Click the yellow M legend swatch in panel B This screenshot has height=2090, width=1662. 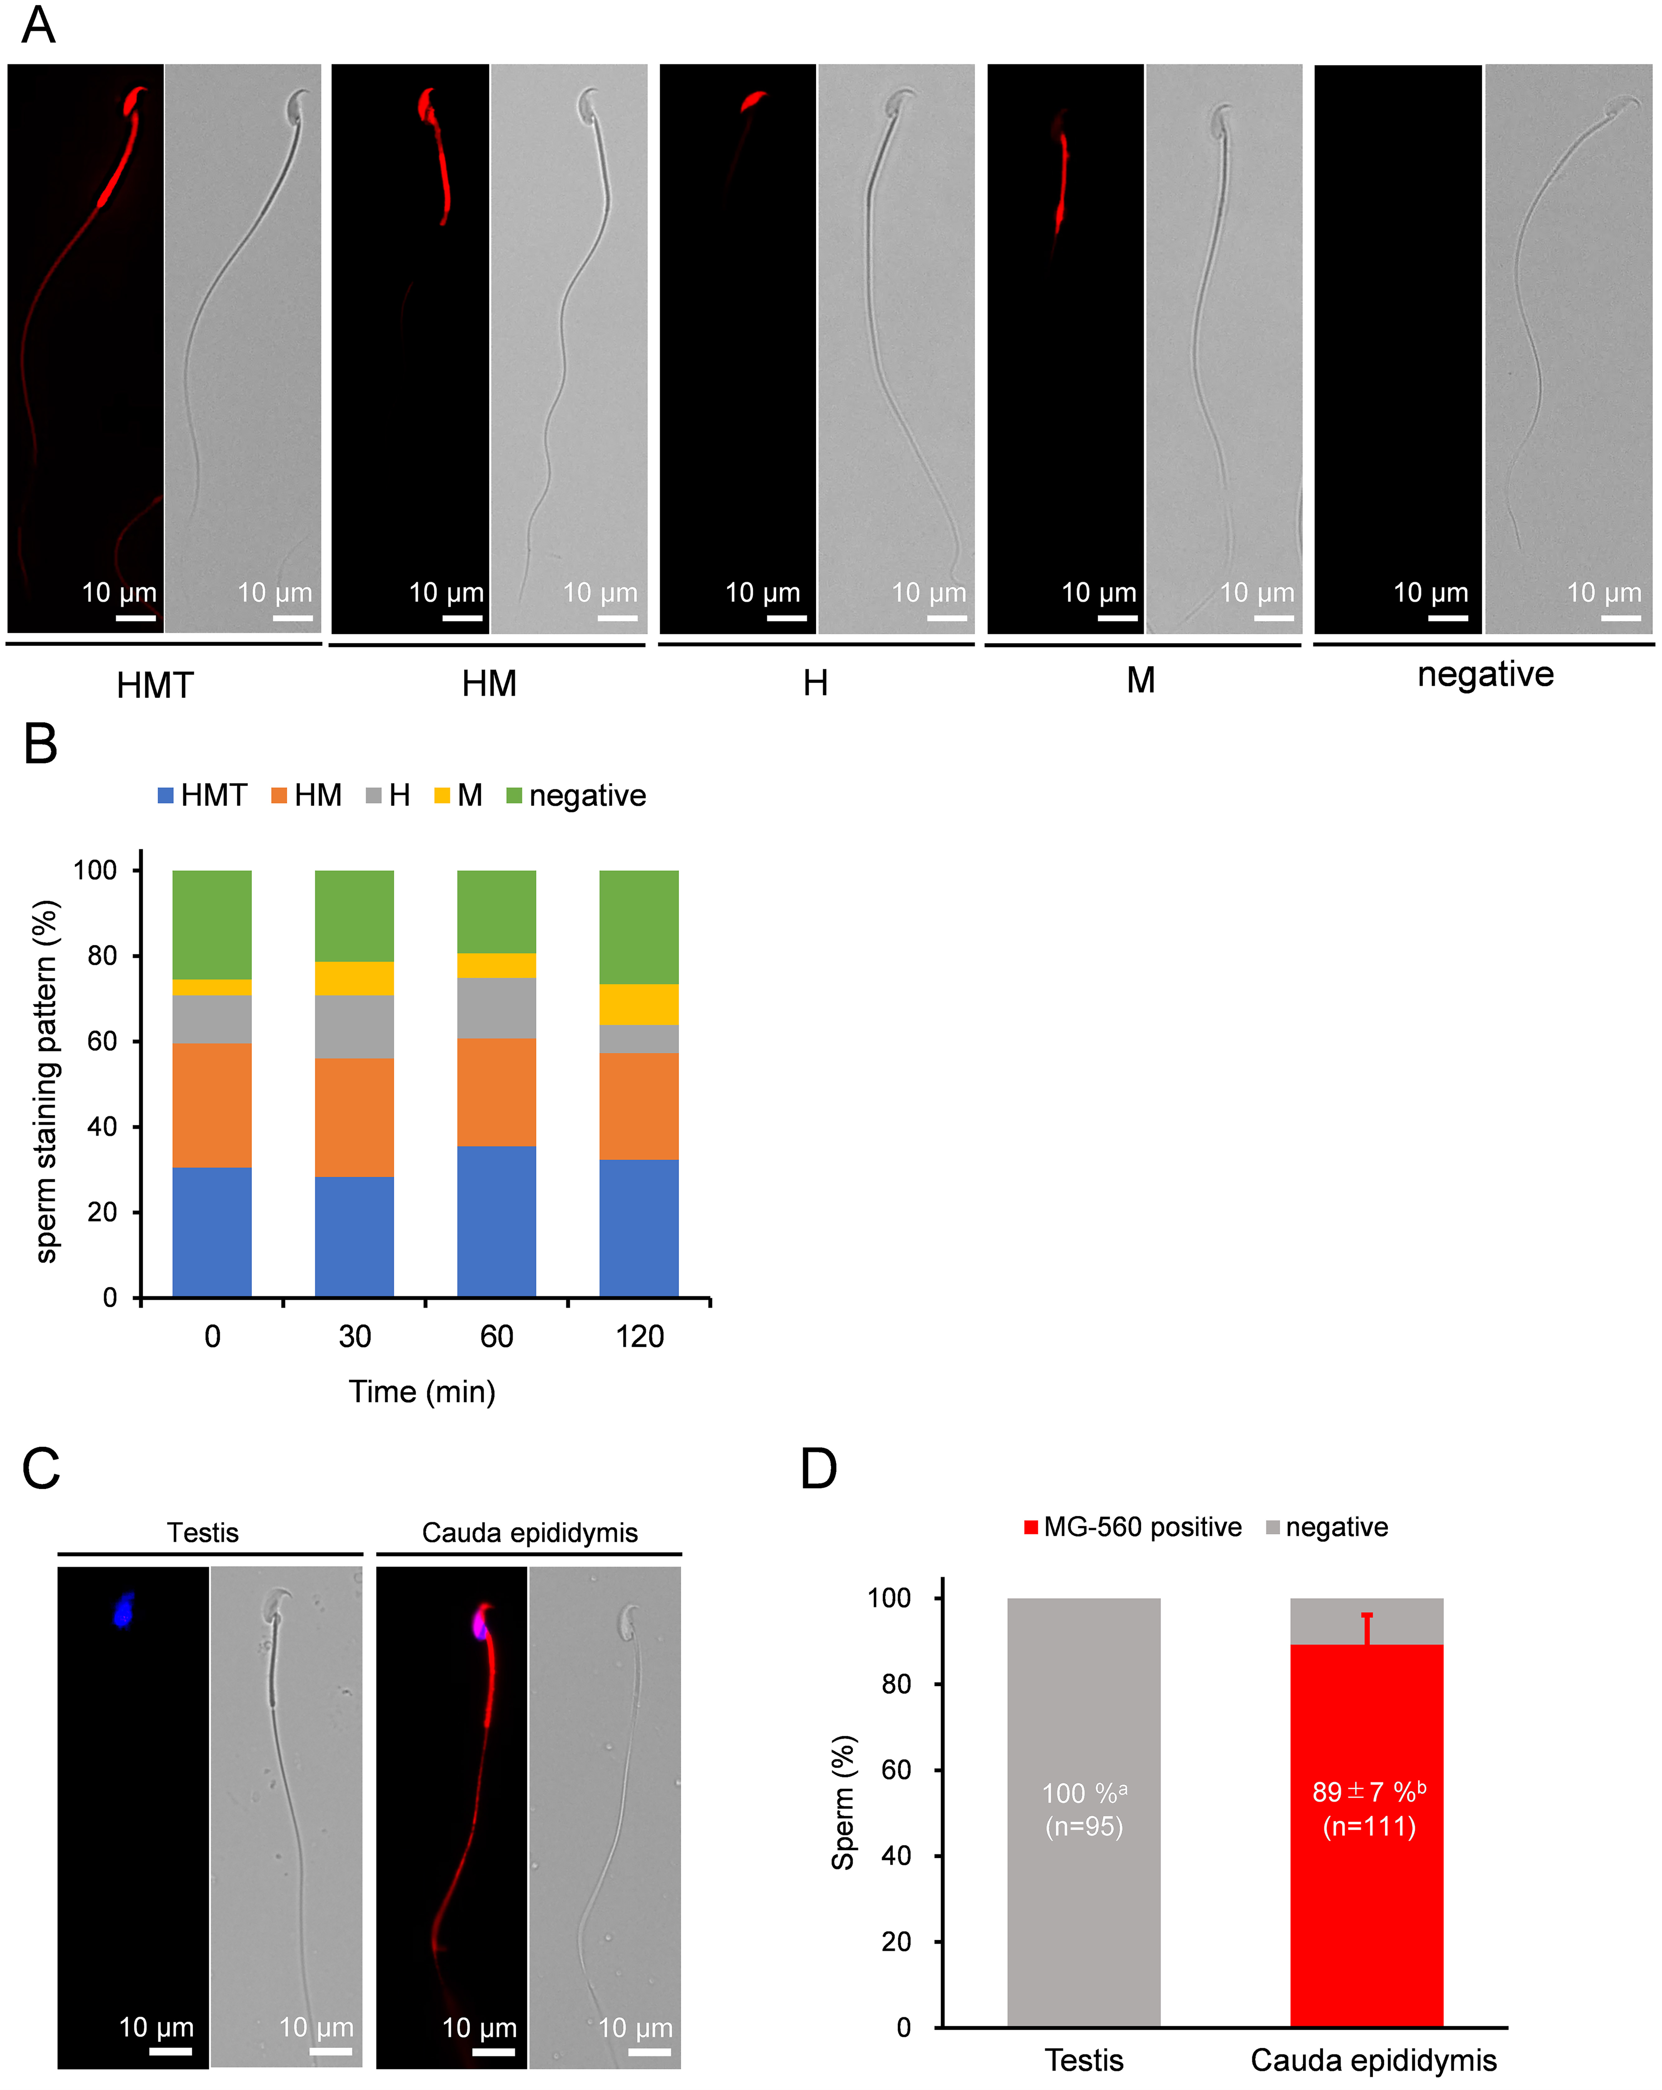[x=442, y=796]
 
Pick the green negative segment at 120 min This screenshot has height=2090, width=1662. [x=639, y=927]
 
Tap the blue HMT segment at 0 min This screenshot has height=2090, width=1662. [x=212, y=1231]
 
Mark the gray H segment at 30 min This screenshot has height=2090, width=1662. [x=355, y=1027]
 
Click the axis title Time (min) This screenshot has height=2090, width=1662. [x=422, y=1392]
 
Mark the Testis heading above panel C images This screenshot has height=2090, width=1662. [x=203, y=1533]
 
